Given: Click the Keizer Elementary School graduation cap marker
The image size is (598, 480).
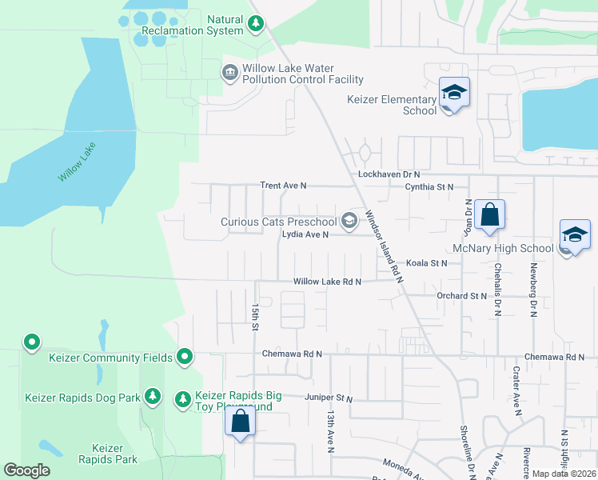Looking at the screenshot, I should (x=454, y=93).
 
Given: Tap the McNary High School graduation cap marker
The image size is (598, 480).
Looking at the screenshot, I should (x=575, y=235).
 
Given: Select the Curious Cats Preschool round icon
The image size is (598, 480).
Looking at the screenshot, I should (x=349, y=220).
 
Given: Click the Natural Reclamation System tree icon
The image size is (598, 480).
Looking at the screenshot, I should (x=256, y=24).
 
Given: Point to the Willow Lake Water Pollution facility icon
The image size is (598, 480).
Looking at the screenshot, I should (x=229, y=74).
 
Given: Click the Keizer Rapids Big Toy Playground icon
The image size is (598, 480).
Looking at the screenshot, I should (x=183, y=398).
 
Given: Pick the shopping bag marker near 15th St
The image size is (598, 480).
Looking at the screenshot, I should (x=240, y=421).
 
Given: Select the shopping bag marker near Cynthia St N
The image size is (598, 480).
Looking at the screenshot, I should (x=489, y=215).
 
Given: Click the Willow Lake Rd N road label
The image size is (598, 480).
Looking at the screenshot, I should (x=327, y=282).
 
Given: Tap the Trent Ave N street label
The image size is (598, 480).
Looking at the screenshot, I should (x=283, y=186).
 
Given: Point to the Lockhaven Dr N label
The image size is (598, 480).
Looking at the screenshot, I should (x=389, y=174).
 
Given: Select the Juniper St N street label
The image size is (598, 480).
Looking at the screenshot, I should (x=328, y=398).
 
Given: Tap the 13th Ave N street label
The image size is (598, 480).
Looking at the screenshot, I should (x=329, y=432).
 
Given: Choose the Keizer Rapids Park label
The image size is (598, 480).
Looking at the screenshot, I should (x=107, y=454).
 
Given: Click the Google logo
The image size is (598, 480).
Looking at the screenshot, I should (x=27, y=470).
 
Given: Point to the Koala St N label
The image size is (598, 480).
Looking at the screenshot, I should (x=426, y=262).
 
